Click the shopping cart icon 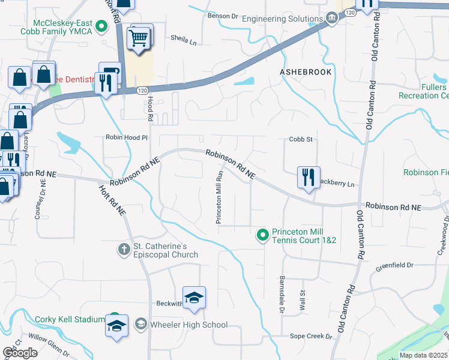[139, 38]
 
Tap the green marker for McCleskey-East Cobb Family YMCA [101, 26]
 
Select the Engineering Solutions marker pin [331, 19]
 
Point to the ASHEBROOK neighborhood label [306, 71]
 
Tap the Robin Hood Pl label [127, 137]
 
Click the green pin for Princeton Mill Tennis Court [262, 235]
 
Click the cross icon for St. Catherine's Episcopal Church [124, 248]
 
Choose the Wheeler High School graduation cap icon [140, 325]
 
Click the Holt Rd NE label [113, 200]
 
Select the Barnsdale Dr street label [281, 295]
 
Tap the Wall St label [303, 299]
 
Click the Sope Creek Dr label [310, 337]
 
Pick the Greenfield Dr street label [394, 265]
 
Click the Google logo [20, 353]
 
